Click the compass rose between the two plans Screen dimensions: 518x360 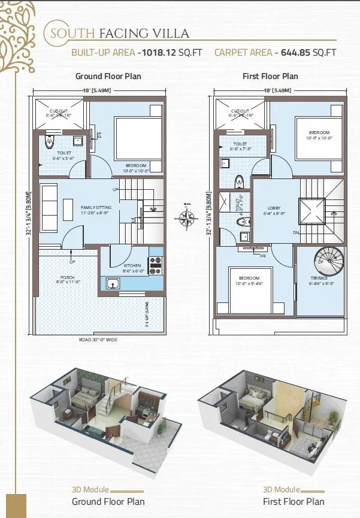(187, 219)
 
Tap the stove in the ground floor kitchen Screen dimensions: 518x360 (155, 261)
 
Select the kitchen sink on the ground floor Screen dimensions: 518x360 (112, 284)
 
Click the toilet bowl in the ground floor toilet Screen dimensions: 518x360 (50, 143)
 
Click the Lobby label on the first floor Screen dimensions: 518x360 (273, 209)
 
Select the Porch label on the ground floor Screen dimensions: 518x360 (63, 278)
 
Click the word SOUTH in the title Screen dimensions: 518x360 (70, 33)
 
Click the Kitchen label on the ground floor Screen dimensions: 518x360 (131, 265)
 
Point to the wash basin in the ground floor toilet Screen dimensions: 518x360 (77, 141)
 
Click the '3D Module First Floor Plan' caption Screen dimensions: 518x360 (293, 496)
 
